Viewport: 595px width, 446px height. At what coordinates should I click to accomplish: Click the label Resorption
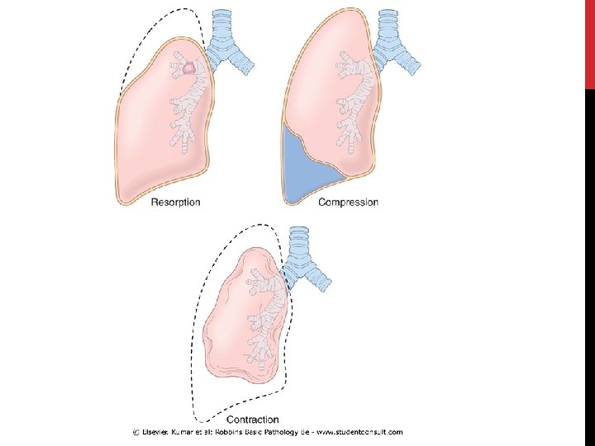coord(174,202)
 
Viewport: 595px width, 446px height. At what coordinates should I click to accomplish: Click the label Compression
coord(348,202)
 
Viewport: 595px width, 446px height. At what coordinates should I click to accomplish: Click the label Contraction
coord(251,420)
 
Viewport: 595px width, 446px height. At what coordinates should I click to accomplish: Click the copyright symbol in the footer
coord(137,432)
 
